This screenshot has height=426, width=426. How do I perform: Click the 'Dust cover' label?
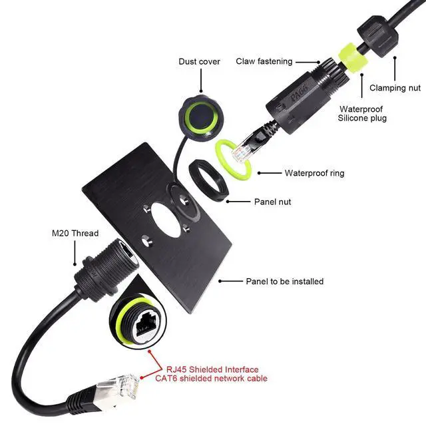coord(199,62)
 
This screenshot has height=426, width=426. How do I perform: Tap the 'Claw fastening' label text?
coord(264,61)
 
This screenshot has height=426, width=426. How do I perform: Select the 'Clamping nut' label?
coord(395,87)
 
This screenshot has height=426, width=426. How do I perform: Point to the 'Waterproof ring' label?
coord(314,173)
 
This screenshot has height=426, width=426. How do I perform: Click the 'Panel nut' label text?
coord(272,201)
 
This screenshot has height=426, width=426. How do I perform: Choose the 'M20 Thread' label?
coord(75,233)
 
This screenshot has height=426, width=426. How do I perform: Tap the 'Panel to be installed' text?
coord(284,282)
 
